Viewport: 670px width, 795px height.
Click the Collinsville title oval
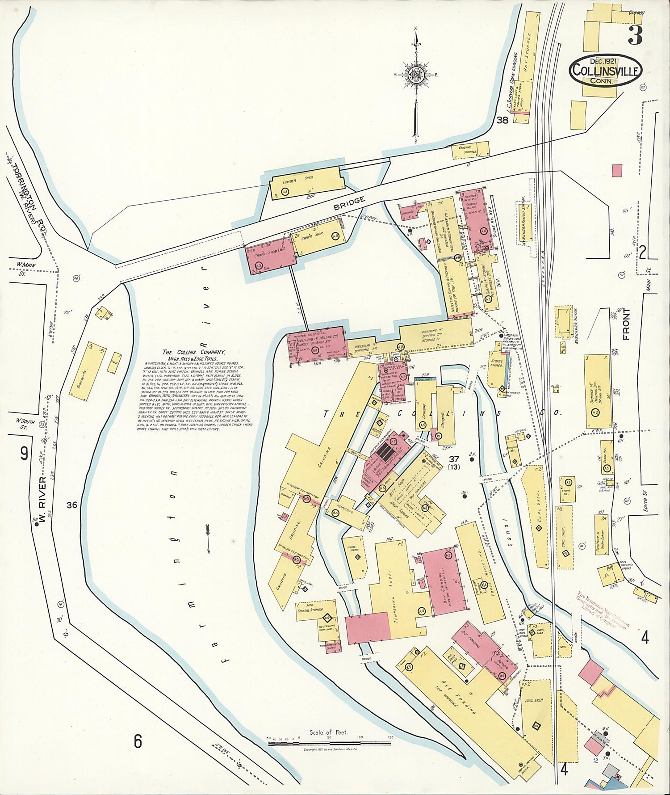(x=606, y=71)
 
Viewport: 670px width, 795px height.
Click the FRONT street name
(x=627, y=324)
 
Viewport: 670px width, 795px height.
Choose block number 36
(x=72, y=505)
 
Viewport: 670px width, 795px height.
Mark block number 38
(x=502, y=120)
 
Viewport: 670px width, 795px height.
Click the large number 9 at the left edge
(x=24, y=454)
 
